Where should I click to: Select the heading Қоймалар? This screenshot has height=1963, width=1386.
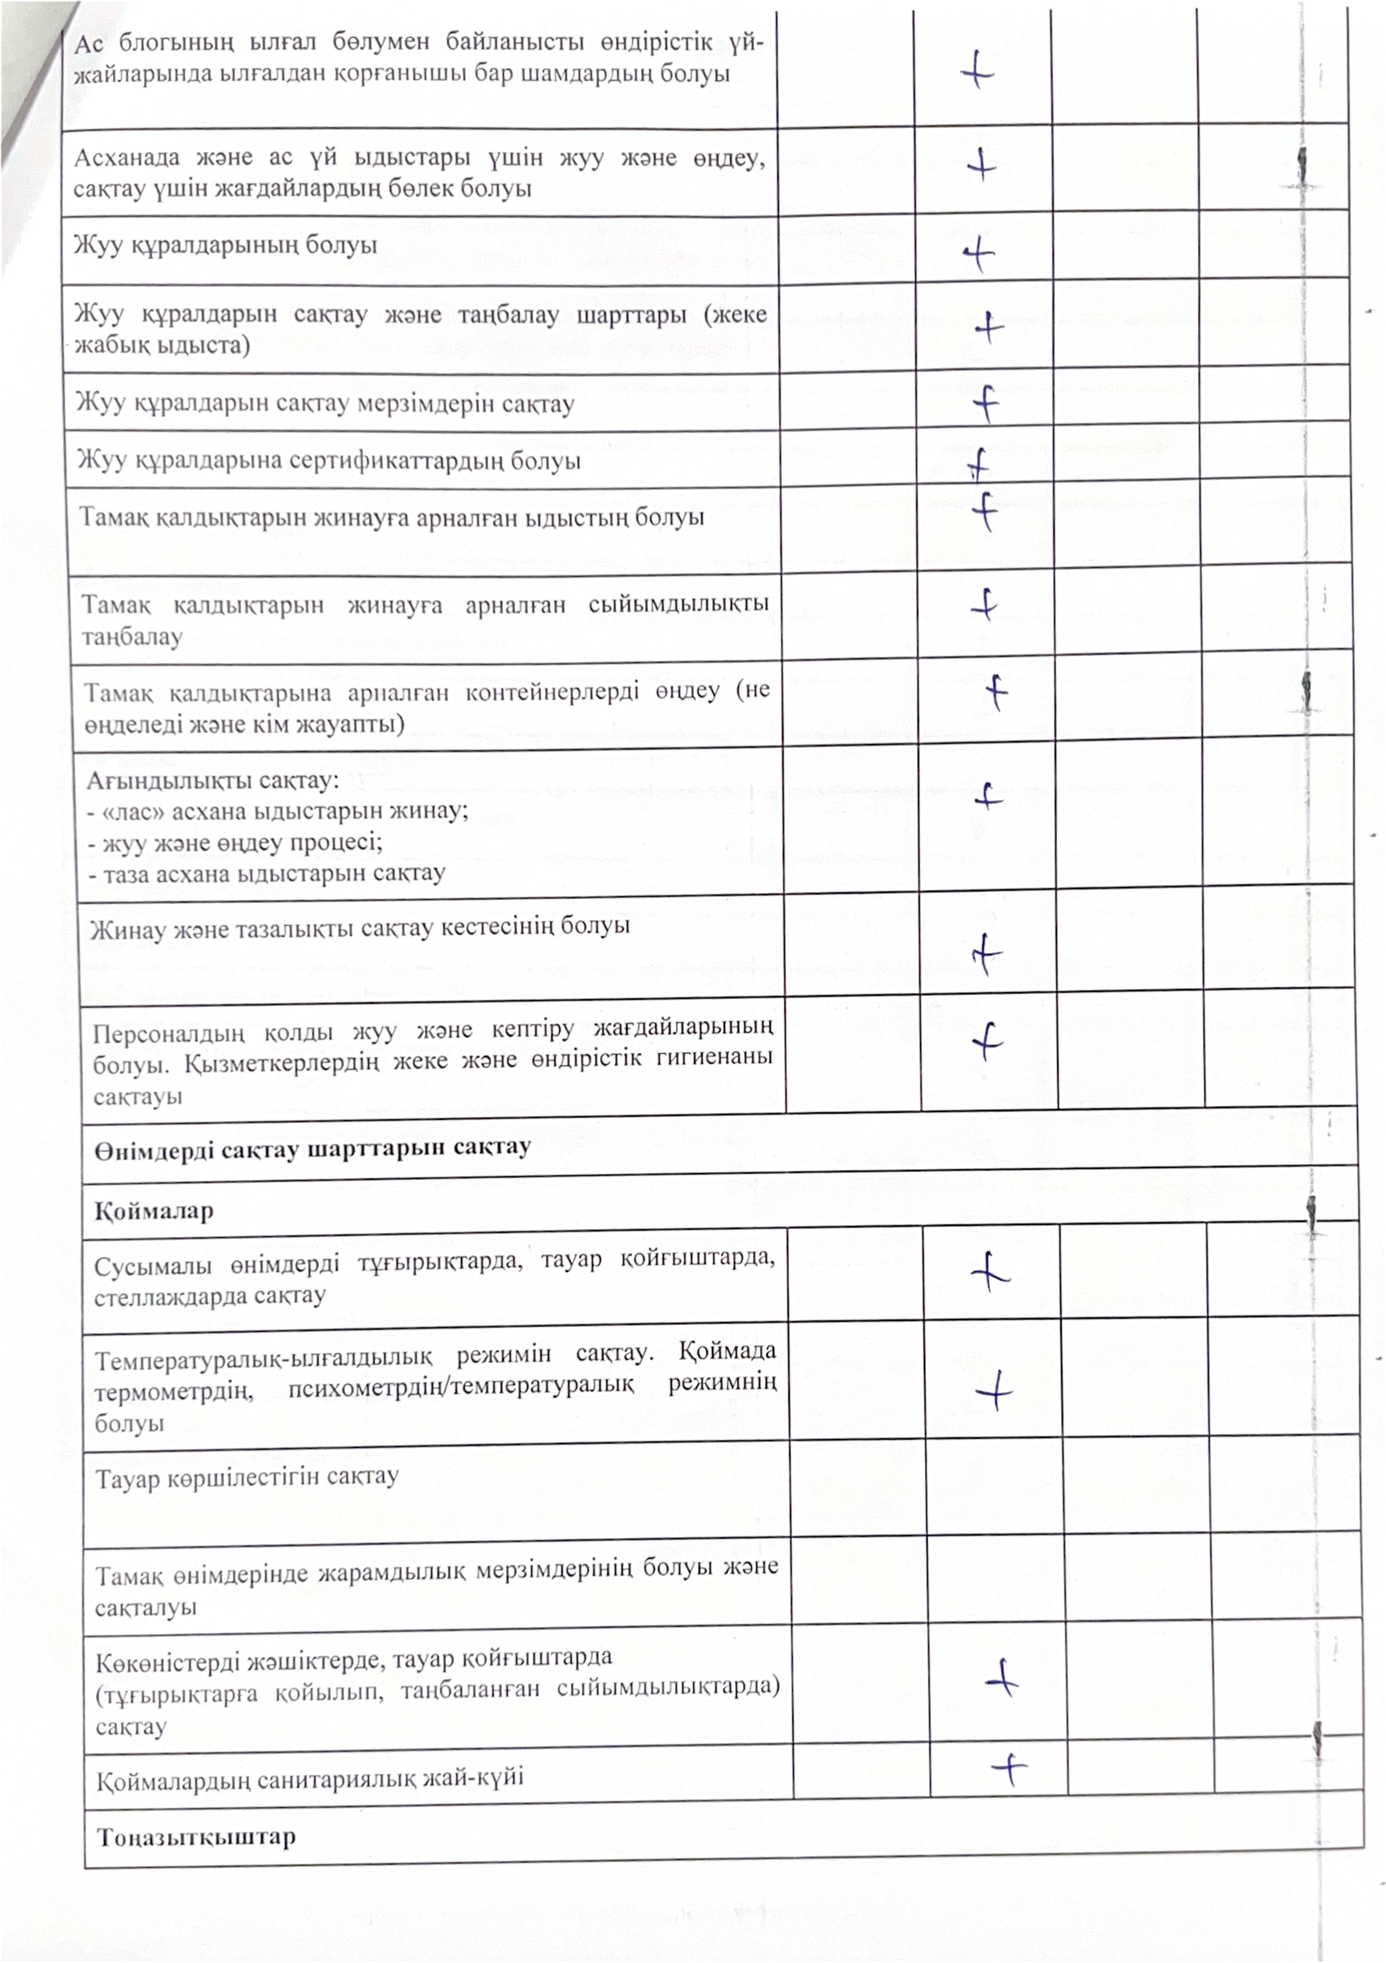(154, 1211)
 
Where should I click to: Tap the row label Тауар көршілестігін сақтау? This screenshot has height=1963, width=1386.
(246, 1477)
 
